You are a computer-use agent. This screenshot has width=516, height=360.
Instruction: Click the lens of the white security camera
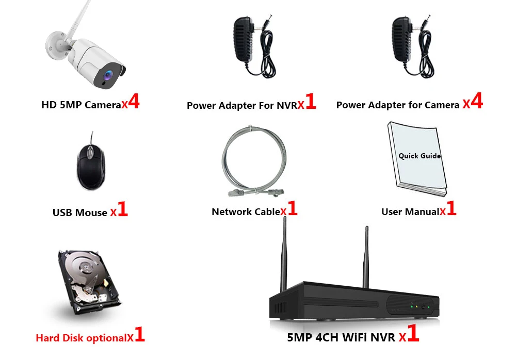pyautogui.click(x=108, y=75)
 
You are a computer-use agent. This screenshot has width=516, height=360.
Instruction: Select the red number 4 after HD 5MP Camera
pyautogui.click(x=134, y=102)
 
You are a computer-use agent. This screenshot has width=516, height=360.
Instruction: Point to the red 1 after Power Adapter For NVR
pyautogui.click(x=310, y=102)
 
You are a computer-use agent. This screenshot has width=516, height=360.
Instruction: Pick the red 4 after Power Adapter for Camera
pyautogui.click(x=477, y=102)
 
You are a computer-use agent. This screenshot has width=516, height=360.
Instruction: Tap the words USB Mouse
pyautogui.click(x=79, y=212)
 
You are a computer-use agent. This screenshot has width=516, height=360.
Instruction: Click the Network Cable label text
pyautogui.click(x=246, y=211)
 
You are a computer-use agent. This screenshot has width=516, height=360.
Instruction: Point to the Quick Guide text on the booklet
pyautogui.click(x=420, y=156)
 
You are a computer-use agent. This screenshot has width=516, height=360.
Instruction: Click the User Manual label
pyautogui.click(x=410, y=211)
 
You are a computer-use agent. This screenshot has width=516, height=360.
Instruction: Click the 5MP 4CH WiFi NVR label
pyautogui.click(x=341, y=338)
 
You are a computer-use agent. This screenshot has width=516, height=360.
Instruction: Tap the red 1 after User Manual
pyautogui.click(x=451, y=209)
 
